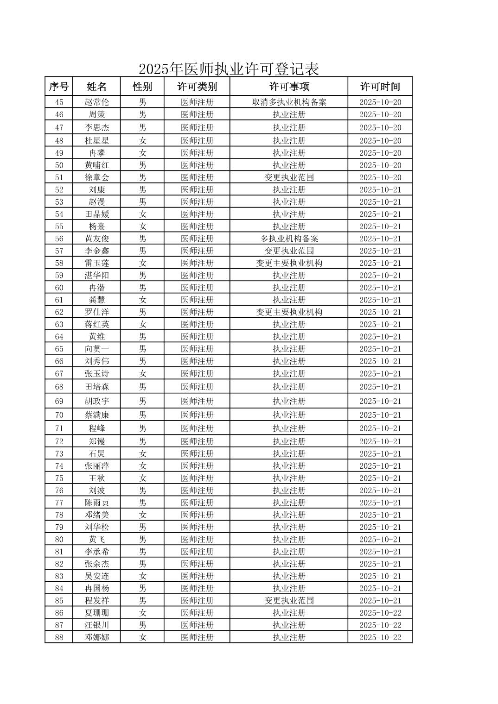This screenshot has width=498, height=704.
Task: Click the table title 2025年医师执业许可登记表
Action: tap(229, 69)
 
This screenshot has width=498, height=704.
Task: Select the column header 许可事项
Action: tap(289, 87)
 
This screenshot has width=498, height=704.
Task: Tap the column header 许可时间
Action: tap(380, 87)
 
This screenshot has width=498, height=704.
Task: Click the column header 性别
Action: tap(142, 87)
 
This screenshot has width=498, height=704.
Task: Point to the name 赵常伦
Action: tap(96, 102)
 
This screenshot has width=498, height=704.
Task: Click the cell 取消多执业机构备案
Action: tap(289, 102)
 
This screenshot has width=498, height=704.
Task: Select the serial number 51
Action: tap(59, 177)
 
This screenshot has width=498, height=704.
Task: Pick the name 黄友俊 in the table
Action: tap(96, 239)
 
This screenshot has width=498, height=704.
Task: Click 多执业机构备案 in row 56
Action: tap(289, 239)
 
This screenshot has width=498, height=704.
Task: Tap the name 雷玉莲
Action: tap(96, 263)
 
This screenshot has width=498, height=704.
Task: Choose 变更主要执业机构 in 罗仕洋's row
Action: tap(289, 312)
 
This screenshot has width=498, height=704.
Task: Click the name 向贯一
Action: tap(96, 349)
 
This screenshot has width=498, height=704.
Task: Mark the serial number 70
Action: tap(59, 415)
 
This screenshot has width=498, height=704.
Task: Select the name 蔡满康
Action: tap(96, 415)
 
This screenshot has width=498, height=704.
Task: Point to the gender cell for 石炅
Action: tap(142, 454)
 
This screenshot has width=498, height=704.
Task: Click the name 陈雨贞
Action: tap(96, 503)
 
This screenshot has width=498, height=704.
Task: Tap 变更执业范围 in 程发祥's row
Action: tap(289, 601)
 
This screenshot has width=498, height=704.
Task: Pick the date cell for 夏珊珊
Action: tap(380, 613)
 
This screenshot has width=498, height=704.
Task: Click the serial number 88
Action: tap(59, 637)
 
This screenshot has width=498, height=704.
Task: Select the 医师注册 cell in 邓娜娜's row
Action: tap(197, 637)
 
